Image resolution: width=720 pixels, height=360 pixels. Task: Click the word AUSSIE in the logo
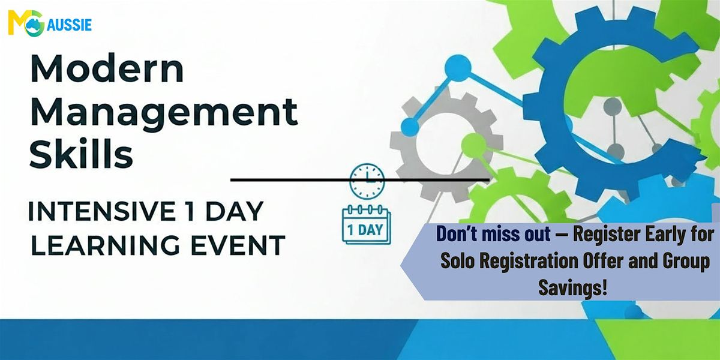click(69, 25)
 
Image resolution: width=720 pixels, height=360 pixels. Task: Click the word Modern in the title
click(107, 70)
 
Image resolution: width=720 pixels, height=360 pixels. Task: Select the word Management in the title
click(164, 113)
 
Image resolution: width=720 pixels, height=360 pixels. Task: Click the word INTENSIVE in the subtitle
click(102, 211)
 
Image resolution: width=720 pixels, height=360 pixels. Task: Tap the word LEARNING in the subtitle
click(105, 245)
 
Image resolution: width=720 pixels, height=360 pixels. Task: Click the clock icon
click(367, 181)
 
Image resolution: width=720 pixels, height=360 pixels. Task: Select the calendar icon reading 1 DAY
click(366, 224)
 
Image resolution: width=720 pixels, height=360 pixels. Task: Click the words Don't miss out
click(493, 234)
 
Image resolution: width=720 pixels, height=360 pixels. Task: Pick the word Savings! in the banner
click(573, 287)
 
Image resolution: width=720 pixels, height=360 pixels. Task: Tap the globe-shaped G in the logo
click(35, 24)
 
